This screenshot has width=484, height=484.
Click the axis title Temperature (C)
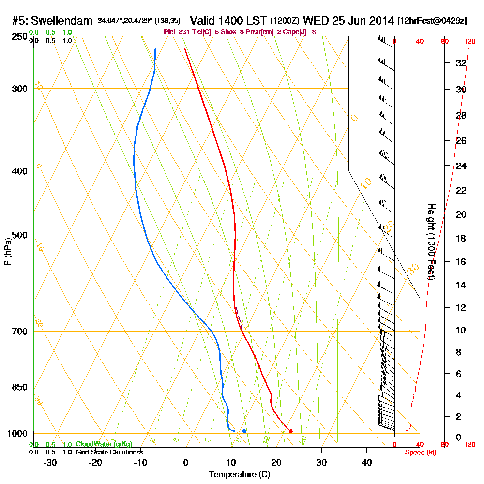pos(239,474)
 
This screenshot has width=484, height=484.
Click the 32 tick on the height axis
pos(461,63)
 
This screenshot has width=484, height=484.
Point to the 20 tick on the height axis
pos(461,214)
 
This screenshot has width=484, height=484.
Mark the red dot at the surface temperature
pos(290,431)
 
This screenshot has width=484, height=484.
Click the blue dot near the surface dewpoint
pos(244,431)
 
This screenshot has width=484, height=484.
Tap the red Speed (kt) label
pos(421,452)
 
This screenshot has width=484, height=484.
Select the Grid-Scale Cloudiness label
pos(109,452)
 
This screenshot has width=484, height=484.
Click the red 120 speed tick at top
pos(469,42)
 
